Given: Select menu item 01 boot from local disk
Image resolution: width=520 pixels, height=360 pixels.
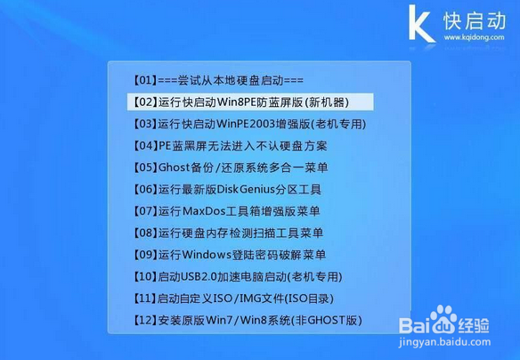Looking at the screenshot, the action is [x=218, y=80].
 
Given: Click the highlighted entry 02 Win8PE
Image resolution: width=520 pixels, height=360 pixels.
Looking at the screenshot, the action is [x=241, y=102].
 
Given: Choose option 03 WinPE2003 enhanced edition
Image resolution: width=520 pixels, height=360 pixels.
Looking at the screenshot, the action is [x=249, y=124].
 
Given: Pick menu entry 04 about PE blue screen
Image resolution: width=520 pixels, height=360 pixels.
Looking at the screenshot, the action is [x=230, y=145].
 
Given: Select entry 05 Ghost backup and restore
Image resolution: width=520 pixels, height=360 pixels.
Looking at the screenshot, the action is [x=231, y=168].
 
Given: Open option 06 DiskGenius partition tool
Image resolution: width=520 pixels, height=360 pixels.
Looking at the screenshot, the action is [x=227, y=190].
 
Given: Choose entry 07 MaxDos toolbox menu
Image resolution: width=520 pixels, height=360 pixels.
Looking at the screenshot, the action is [x=226, y=211].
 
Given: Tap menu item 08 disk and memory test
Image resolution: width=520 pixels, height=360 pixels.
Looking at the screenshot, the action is [x=228, y=233].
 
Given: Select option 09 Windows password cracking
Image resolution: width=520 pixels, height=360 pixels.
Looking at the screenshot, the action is [x=230, y=255].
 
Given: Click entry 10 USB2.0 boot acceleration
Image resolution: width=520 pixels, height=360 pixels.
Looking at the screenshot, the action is [x=238, y=277].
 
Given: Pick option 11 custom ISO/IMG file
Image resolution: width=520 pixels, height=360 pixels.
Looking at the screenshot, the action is [x=233, y=299].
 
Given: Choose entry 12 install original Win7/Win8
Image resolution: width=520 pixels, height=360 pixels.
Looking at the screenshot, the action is [x=248, y=321].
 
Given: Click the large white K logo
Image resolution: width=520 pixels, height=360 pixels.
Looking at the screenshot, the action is [x=421, y=23].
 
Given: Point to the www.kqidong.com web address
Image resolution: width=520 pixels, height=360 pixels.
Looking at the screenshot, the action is [x=475, y=37].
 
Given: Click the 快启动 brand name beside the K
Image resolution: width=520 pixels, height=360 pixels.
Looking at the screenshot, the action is [x=475, y=20].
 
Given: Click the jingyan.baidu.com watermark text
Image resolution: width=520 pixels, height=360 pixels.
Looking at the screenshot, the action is [x=444, y=342].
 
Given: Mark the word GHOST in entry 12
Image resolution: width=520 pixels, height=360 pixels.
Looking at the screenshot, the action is [x=327, y=321].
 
